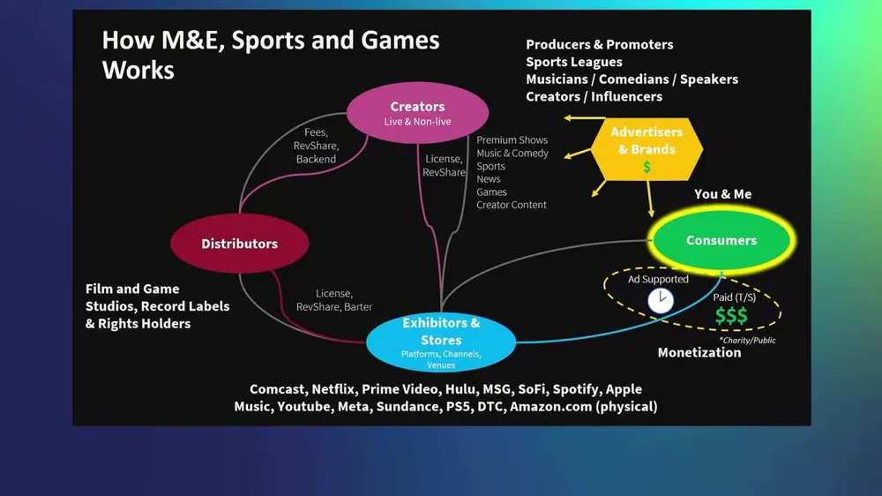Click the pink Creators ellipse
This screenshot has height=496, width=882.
pos(417,112)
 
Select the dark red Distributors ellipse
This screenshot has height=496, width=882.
pos(239,244)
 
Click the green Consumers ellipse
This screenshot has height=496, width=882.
pos(721,240)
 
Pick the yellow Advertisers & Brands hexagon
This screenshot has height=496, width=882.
pos(647,147)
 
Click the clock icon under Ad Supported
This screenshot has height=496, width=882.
pos(660,301)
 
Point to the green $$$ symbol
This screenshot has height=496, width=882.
pos(731,316)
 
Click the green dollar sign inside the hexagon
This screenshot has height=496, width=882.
pos(647,166)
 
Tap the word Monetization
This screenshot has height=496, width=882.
pos(699,352)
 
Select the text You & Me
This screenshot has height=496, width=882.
pos(722,194)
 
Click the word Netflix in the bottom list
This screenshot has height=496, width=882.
pos(333,389)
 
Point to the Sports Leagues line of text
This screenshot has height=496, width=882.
pos(574,62)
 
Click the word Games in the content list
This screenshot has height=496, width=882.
pos(491,192)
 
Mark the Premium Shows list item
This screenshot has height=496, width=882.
pos(512,139)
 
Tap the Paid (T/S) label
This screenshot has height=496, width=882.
pos(734,297)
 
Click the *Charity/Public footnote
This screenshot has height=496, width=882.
pos(747,340)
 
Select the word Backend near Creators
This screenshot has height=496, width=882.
pos(316,159)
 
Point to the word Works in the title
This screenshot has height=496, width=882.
pos(138,70)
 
